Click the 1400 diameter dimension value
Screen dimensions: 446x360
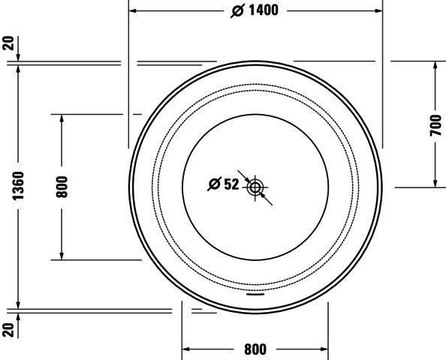click(x=264, y=10)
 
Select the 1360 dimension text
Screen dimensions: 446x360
click(x=18, y=186)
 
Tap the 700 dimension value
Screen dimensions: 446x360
click(x=435, y=125)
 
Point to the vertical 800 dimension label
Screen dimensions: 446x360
click(x=62, y=187)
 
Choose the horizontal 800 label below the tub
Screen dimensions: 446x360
click(x=255, y=349)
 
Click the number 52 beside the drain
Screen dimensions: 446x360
click(x=231, y=184)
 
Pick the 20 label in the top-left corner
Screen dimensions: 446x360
click(x=8, y=43)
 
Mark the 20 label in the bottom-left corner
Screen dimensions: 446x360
click(x=8, y=330)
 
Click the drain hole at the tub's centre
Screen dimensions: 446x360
click(x=255, y=187)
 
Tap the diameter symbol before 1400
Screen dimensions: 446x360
click(x=238, y=11)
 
